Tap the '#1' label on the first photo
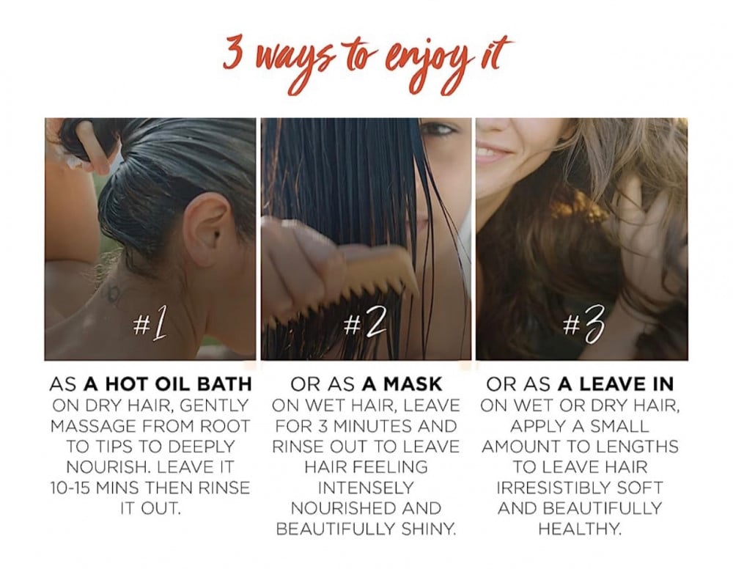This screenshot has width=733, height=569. pos(150,324)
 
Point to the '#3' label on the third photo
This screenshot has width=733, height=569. pos(583,324)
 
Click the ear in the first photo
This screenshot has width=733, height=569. pos(206,228)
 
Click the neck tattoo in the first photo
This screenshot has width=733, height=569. pos(112,292)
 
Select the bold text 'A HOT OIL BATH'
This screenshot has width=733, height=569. pos(168,383)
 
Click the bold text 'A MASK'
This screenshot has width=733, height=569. pos(402,384)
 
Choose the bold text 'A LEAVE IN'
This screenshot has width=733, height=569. pos(616,384)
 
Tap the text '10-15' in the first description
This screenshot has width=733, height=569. pos(70,488)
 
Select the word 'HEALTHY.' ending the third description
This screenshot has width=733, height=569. pos(580,529)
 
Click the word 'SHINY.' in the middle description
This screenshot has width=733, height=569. pos(429,529)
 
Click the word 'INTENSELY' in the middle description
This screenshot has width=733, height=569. pos(366,488)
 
